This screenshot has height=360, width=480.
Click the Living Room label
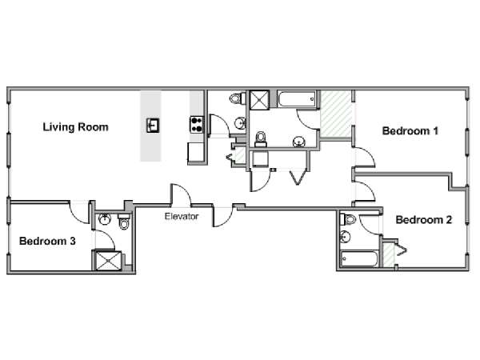click(76, 127)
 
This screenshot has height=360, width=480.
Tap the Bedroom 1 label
click(410, 131)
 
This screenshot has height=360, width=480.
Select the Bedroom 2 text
click(424, 220)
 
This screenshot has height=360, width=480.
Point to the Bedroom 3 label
click(47, 241)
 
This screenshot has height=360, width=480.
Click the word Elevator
click(182, 217)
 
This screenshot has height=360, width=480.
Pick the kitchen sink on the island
click(153, 126)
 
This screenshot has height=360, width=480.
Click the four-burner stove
click(197, 124)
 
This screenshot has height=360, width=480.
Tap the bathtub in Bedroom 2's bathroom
click(359, 258)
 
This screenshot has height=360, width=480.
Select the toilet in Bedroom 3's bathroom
click(124, 222)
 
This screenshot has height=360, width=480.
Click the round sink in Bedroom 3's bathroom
click(105, 219)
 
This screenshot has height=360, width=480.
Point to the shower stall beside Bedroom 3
click(108, 261)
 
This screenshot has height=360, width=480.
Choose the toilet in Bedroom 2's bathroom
click(348, 219)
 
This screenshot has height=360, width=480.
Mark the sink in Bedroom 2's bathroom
click(346, 237)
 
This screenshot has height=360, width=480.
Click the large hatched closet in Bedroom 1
click(336, 114)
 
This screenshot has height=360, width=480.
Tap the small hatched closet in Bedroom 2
click(389, 254)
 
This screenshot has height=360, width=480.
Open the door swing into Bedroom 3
click(79, 212)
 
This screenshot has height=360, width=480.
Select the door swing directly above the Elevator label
click(182, 194)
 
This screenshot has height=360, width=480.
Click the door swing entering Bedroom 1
click(365, 157)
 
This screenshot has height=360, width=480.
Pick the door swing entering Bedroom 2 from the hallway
click(365, 191)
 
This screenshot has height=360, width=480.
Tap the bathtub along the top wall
click(297, 99)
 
